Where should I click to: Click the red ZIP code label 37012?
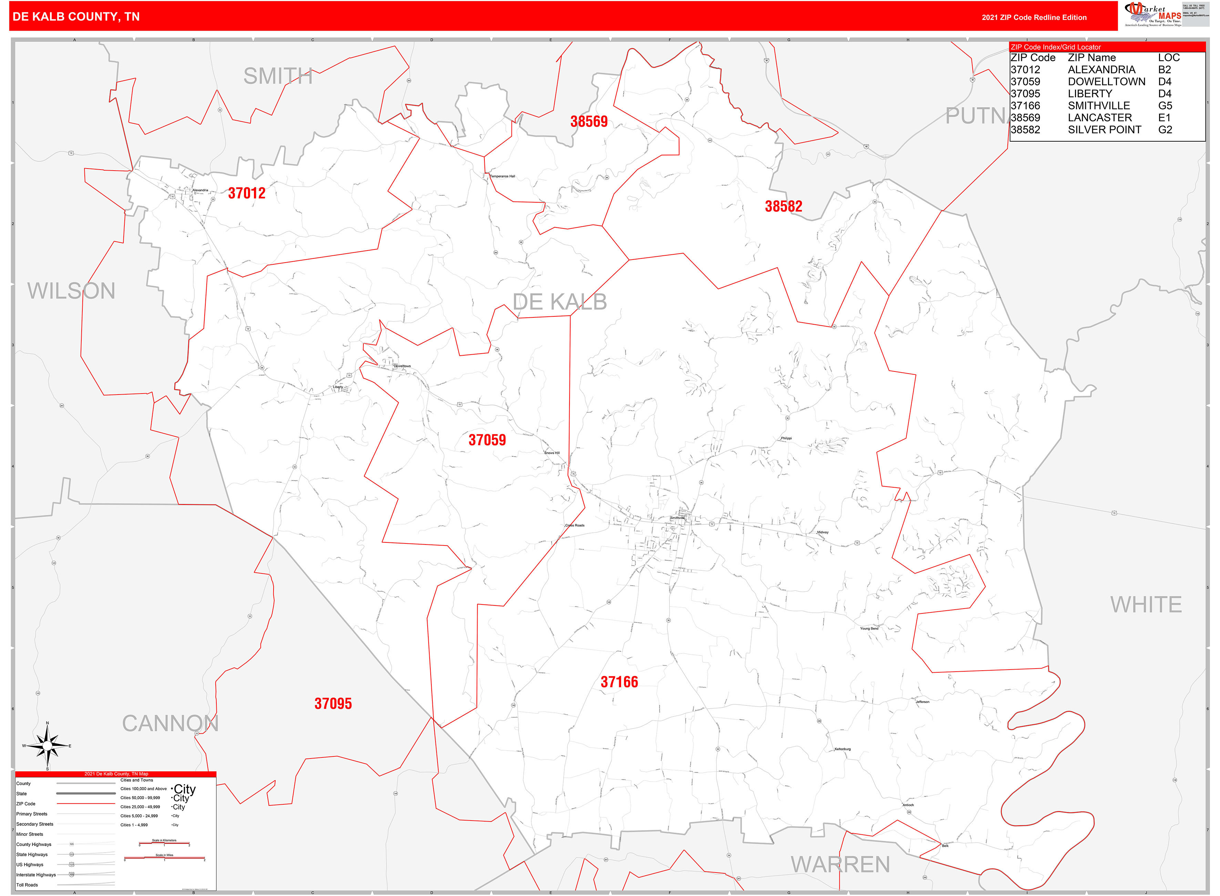[x=247, y=193]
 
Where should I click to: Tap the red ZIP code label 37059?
[x=487, y=440]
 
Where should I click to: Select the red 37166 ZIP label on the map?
[x=619, y=682]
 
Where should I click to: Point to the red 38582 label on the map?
[x=783, y=206]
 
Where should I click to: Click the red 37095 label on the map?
[x=333, y=703]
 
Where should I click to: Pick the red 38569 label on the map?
[x=589, y=122]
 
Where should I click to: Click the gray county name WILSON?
[x=72, y=291]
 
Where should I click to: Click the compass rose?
[x=47, y=746]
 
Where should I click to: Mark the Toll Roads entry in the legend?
[x=27, y=885]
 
